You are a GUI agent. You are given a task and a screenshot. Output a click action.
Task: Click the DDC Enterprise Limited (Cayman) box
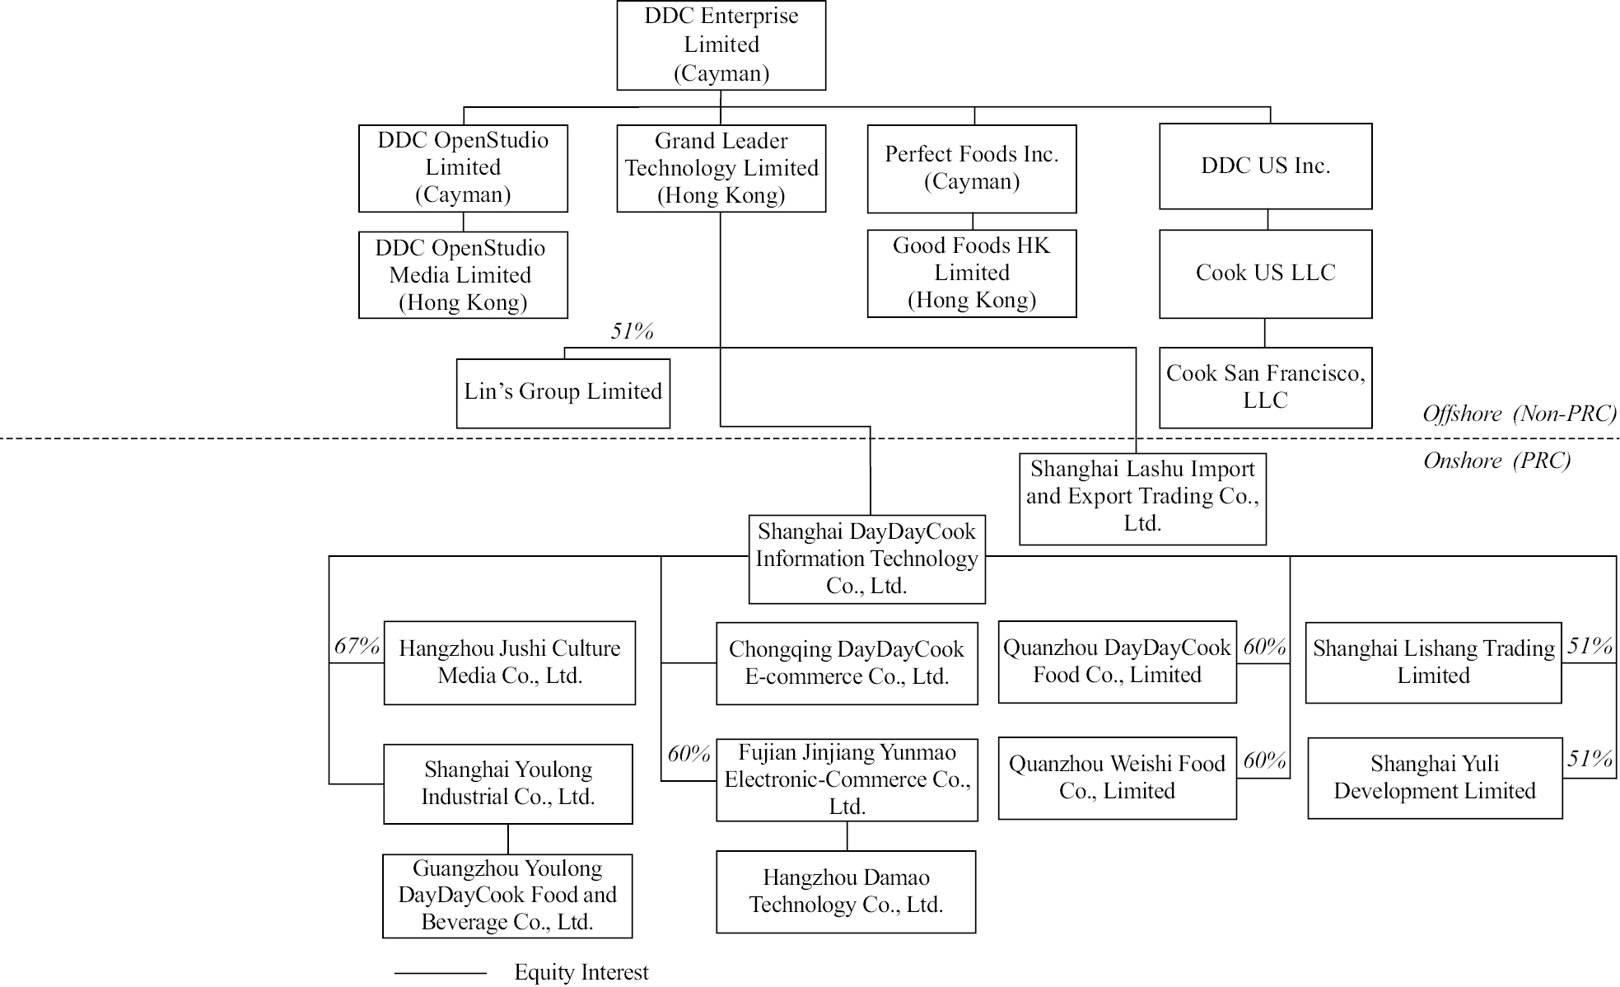point(721,45)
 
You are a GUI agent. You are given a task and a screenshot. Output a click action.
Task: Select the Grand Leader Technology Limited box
point(721,168)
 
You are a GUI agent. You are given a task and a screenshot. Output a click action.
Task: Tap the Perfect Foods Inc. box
point(972,169)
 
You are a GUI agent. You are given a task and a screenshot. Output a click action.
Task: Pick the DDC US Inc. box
point(1266,166)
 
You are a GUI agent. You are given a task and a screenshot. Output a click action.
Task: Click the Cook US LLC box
point(1266,274)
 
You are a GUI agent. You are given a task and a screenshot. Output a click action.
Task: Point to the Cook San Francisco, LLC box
point(1266,387)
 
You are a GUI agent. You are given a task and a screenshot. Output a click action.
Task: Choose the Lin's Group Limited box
point(563,393)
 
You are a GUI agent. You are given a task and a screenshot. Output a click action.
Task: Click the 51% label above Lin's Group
point(632,331)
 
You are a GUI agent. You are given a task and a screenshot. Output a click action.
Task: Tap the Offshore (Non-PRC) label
point(1520,414)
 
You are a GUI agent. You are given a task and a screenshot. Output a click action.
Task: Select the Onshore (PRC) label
point(1496,461)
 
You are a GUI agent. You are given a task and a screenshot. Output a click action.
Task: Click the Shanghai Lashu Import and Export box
point(1142,499)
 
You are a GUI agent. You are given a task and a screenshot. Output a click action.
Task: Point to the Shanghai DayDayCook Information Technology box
point(866,559)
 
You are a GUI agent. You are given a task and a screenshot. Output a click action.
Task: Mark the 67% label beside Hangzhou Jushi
point(357,646)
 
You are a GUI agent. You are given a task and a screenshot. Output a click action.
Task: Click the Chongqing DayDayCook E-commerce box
point(847,663)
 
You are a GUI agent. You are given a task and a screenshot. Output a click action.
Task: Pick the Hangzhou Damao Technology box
point(846,892)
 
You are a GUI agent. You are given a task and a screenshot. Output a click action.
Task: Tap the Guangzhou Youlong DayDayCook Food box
point(507,896)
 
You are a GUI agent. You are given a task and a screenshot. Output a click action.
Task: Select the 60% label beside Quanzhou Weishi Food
point(1264,760)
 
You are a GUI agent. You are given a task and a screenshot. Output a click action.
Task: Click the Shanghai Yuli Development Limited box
point(1435,778)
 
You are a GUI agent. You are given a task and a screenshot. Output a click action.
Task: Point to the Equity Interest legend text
point(581,973)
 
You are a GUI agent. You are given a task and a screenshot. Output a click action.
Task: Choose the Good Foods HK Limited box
point(972,274)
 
